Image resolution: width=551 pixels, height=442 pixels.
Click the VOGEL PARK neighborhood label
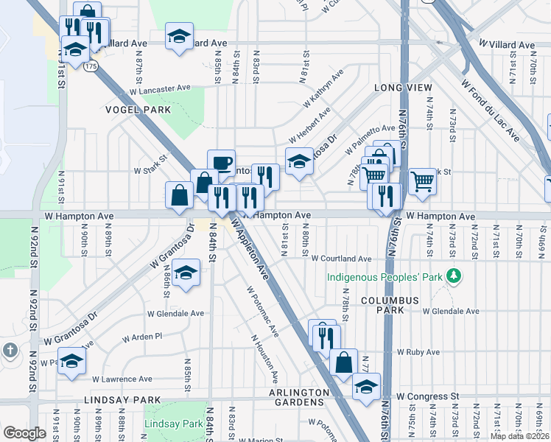tap(138, 110)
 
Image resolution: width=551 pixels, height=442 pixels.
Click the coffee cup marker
tap(221, 164)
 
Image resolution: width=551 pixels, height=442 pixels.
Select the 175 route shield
tap(91, 66)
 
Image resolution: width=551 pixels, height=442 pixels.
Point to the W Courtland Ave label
tap(340, 259)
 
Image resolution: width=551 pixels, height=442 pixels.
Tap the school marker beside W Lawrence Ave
tap(72, 361)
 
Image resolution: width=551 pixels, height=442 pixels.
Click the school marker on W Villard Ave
tap(178, 37)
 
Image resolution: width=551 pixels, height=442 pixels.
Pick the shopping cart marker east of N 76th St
tap(422, 180)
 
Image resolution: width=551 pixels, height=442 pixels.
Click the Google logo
tap(25, 432)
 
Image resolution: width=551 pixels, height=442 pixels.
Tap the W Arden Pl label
tap(141, 337)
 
